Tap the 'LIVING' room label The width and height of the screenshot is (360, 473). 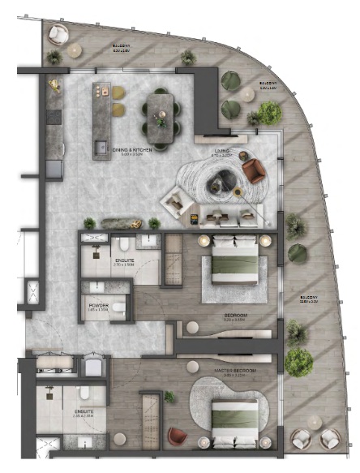[221, 152]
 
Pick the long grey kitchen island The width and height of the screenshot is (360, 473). [102, 119]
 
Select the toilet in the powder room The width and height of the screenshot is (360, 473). [118, 306]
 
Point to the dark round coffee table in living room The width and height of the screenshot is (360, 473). [220, 185]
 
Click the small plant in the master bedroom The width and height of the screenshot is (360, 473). [169, 397]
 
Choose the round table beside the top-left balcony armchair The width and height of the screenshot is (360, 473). [75, 50]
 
